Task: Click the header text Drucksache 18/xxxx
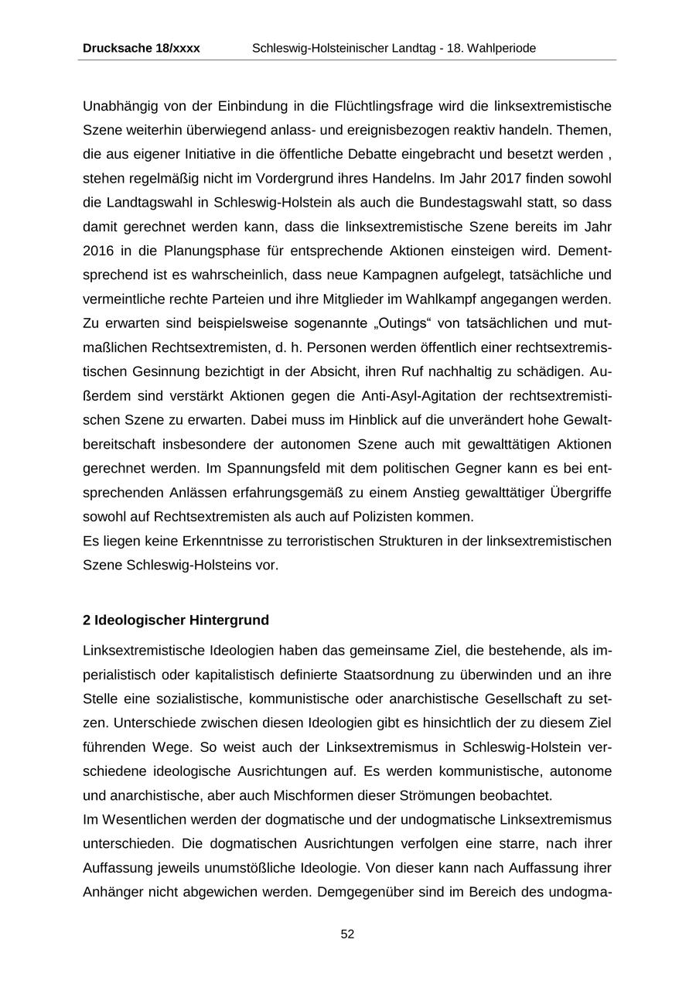click(x=141, y=48)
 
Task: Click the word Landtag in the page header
click(x=394, y=48)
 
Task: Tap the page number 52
click(x=347, y=934)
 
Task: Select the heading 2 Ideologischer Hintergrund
click(x=176, y=620)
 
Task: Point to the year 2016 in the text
click(x=98, y=251)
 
